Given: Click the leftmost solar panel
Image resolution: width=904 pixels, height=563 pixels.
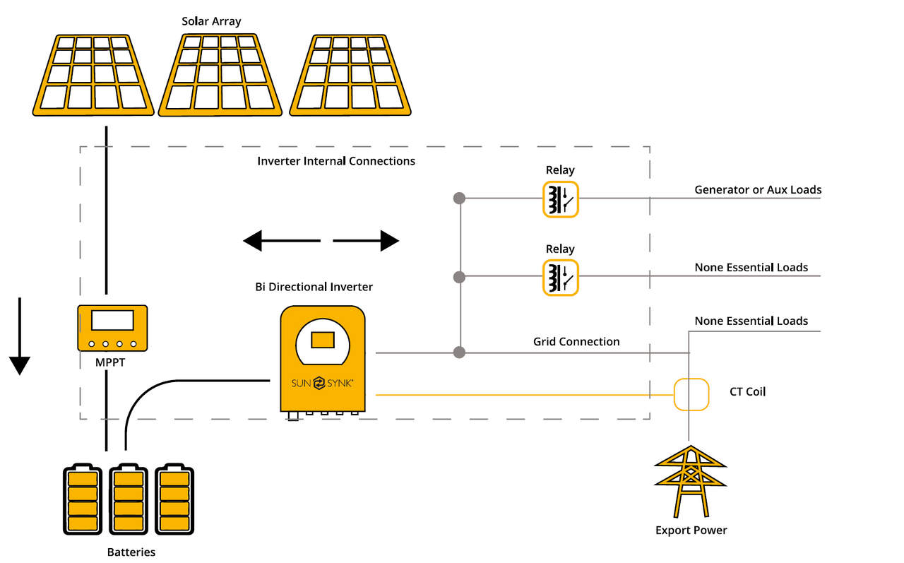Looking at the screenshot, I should (93, 75).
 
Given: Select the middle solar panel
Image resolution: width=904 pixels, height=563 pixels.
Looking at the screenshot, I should (220, 75).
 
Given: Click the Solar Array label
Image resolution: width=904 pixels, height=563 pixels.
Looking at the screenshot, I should (211, 21).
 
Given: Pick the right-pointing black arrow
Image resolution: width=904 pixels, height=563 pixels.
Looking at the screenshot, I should (366, 241).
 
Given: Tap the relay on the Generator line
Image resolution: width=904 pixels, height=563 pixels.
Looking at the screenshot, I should (560, 198).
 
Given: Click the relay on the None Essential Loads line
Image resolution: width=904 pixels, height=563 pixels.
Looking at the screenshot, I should (560, 277).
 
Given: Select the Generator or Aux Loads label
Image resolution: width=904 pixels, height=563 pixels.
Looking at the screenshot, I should (758, 189).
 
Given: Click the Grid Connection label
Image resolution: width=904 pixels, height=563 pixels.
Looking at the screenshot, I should (576, 341).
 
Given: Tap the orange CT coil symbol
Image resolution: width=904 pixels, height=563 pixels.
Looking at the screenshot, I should (691, 394).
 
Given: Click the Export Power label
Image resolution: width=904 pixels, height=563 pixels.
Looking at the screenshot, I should (691, 530).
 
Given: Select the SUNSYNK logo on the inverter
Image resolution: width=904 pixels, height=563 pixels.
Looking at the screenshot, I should (323, 383).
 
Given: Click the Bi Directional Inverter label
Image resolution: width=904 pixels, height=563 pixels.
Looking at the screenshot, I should (314, 287).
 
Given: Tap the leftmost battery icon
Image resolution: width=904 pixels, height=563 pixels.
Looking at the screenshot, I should (82, 500).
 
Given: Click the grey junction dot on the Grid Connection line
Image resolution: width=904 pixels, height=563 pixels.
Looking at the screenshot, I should (460, 352).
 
